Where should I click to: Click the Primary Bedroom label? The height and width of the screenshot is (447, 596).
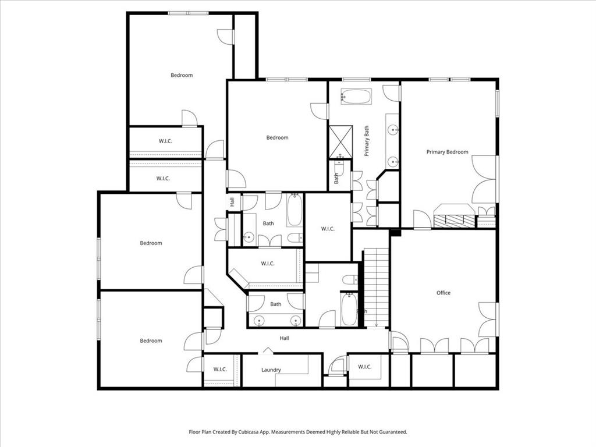coord(447,152)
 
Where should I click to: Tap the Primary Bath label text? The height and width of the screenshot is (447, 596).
coord(367,141)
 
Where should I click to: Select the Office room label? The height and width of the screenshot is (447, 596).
coord(444,293)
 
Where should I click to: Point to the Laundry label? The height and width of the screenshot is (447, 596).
coord(271,370)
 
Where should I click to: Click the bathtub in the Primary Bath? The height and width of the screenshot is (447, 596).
coord(356,96)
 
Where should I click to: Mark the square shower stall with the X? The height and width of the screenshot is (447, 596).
coord(340,142)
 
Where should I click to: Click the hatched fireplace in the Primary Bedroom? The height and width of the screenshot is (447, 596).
coord(455,220)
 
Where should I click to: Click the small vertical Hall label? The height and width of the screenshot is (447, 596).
coord(232,202)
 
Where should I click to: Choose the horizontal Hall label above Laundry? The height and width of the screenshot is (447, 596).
coord(284,338)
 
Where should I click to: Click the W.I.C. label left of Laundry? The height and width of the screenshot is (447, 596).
coord(219,369)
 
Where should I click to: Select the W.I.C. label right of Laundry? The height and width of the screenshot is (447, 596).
coord(365,367)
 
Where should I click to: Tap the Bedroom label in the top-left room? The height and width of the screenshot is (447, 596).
coord(182,75)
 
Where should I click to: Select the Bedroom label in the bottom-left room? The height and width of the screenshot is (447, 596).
coord(151,340)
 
